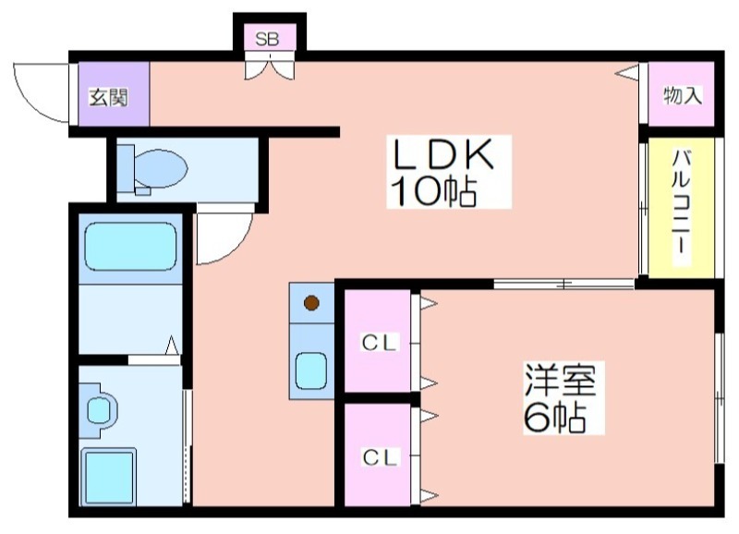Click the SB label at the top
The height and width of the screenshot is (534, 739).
pos(267,39)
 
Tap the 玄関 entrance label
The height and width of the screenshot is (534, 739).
pos(109,97)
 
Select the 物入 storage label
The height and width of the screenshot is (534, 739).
pos(683,96)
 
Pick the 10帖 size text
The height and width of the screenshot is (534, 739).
pos(432,191)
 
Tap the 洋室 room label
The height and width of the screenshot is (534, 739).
pos(560,381)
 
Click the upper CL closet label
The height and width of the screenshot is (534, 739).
pos(380,343)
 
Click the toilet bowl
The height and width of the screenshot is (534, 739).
pos(160,168)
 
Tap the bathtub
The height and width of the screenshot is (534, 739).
pos(130,247)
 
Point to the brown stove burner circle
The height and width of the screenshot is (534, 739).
pos(311,303)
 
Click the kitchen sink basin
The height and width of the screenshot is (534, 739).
pos(311,370)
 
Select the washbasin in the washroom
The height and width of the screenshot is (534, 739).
pos(101,409)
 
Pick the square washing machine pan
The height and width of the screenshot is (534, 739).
pos(108,477)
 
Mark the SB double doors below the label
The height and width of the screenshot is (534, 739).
pos(270,66)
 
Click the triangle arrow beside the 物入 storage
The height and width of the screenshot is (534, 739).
pos(627,74)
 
